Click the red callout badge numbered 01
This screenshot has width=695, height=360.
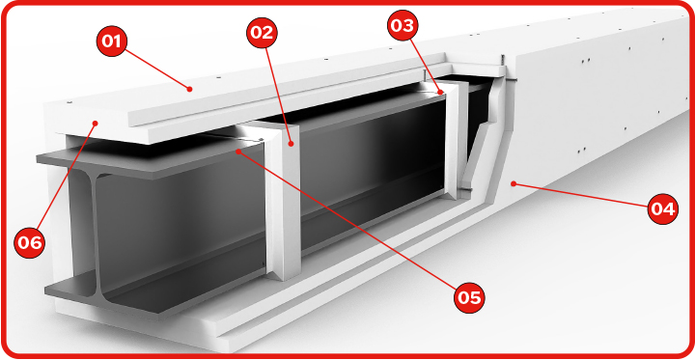pyautogui.click(x=112, y=41)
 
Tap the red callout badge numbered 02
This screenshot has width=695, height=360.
pyautogui.click(x=262, y=33)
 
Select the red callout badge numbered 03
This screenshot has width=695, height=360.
pyautogui.click(x=403, y=25)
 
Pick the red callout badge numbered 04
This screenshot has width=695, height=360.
pyautogui.click(x=662, y=208)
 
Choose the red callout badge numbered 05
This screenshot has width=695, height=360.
pyautogui.click(x=469, y=297)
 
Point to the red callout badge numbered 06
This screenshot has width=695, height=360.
pyautogui.click(x=30, y=242)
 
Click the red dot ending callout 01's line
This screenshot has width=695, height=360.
pyautogui.click(x=190, y=89)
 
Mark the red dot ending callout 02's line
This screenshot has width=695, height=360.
pyautogui.click(x=291, y=143)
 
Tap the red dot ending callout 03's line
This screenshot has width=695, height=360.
pyautogui.click(x=441, y=93)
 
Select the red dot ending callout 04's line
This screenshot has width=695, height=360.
pyautogui.click(x=514, y=182)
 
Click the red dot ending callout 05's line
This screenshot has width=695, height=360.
pyautogui.click(x=238, y=152)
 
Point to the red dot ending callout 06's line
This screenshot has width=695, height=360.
pyautogui.click(x=96, y=123)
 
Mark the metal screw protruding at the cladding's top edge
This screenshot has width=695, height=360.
pyautogui.click(x=503, y=61)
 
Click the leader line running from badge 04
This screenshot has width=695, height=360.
pyautogui.click(x=580, y=195)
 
